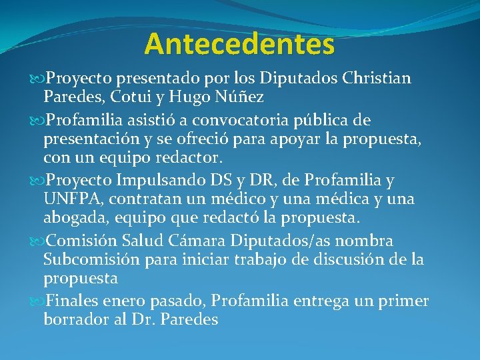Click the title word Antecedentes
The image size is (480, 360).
[239, 44]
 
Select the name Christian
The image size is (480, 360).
[377, 79]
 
